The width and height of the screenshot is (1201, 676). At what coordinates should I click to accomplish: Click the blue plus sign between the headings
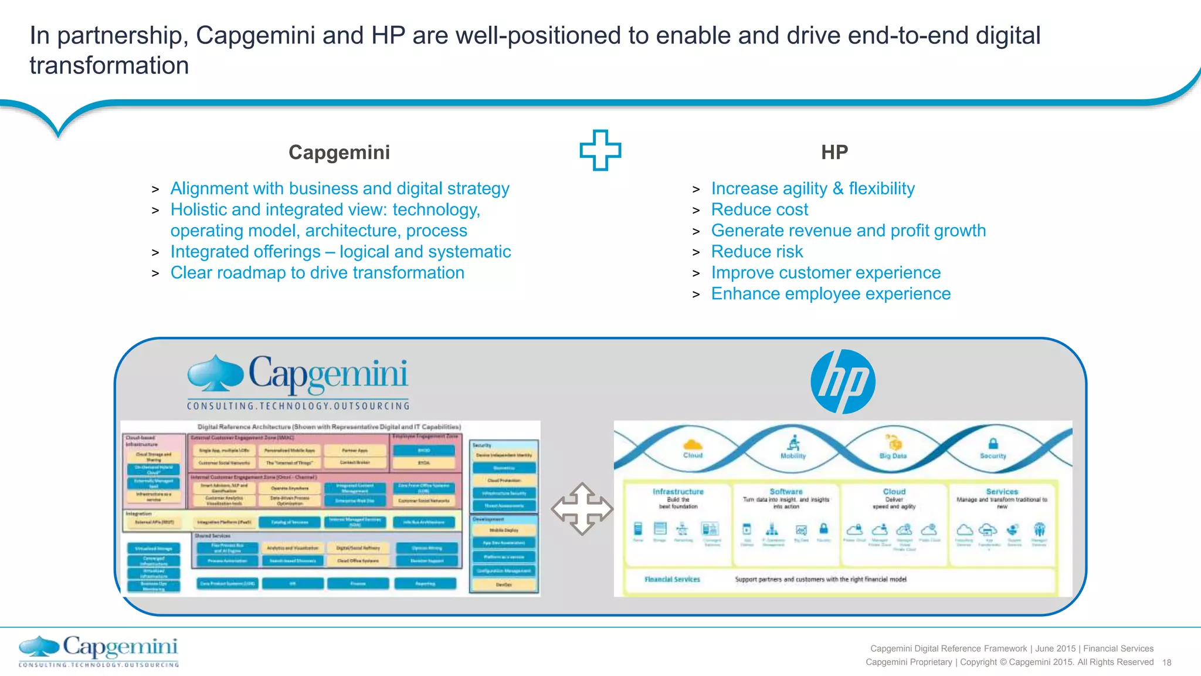(600, 150)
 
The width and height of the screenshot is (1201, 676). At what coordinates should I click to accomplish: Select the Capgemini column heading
(339, 153)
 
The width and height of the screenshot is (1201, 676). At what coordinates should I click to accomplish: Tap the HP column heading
(834, 153)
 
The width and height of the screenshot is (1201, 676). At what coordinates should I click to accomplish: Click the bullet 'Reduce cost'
(759, 209)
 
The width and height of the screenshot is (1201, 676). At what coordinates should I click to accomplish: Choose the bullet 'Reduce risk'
(756, 252)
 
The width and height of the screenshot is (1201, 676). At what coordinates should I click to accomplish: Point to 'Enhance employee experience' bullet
(830, 294)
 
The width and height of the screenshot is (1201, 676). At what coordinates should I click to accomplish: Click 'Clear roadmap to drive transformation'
(317, 273)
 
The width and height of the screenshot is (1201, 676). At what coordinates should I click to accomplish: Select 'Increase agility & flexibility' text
(813, 188)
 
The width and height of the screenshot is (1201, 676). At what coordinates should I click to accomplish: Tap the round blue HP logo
(843, 381)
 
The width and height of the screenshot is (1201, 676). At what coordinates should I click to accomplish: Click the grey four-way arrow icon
(582, 509)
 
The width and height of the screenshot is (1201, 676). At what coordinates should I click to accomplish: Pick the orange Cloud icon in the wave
(693, 444)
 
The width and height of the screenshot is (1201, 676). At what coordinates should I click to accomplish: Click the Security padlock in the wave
(993, 443)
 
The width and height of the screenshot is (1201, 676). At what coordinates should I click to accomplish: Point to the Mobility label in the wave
(793, 456)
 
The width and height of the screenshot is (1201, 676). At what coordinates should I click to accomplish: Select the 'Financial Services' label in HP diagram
(672, 579)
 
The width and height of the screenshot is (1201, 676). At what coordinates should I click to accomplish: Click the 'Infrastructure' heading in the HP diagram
(678, 492)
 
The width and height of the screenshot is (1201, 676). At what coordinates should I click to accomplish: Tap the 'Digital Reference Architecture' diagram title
(329, 427)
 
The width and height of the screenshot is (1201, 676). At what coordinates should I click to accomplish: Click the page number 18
(1166, 663)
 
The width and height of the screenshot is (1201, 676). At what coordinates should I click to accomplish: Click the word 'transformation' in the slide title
(109, 66)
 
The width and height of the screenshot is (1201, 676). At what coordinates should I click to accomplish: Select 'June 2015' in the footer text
(1055, 648)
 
